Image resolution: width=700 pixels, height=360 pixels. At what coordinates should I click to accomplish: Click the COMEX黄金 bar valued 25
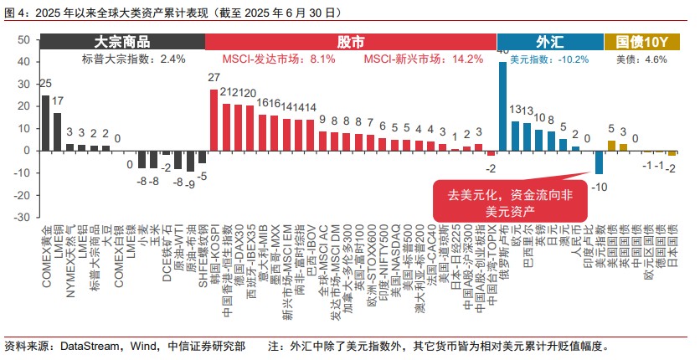tap(45, 122)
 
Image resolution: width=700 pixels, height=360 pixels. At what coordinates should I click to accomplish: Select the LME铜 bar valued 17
tap(58, 131)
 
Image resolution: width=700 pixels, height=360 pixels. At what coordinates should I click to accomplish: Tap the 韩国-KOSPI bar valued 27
tap(214, 120)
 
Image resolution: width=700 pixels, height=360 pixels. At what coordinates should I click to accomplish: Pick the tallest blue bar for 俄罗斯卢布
tap(503, 105)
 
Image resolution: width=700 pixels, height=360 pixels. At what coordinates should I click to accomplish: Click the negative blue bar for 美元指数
tap(600, 162)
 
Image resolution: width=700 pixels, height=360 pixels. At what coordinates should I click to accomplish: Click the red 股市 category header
tap(350, 42)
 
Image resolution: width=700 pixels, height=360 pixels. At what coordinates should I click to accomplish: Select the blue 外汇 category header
tap(549, 42)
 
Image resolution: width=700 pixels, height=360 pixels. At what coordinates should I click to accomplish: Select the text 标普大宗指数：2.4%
tap(133, 59)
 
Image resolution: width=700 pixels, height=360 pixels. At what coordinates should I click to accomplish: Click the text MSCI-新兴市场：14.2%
tap(423, 59)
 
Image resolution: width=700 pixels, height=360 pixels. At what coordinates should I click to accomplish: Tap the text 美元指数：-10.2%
tap(549, 59)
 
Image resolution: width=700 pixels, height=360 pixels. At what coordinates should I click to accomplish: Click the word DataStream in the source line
tap(85, 346)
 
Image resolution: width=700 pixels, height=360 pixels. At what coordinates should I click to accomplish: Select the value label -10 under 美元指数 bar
tap(600, 186)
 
